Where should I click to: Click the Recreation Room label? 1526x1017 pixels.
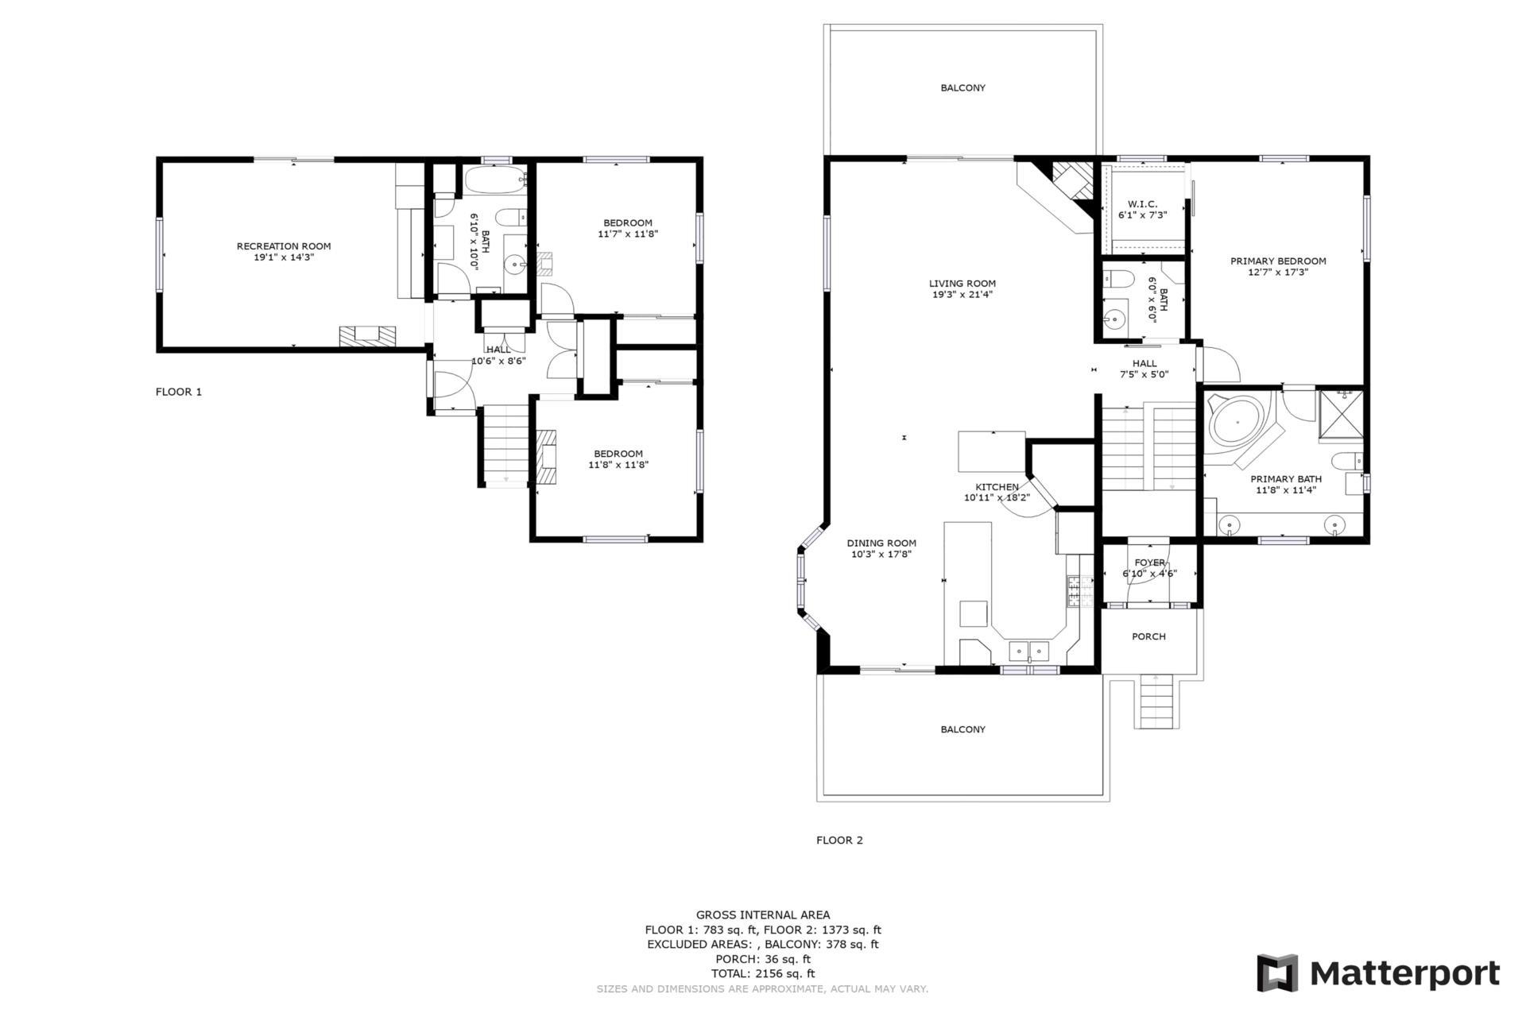pos(284,246)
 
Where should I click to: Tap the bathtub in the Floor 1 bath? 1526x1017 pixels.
pos(494,180)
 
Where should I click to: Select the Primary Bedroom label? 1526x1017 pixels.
pos(1278,261)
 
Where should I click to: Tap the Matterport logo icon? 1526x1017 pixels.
pos(1276,973)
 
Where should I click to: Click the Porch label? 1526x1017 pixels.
pos(1148,636)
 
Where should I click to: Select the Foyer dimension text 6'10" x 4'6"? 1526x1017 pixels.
pos(1149,574)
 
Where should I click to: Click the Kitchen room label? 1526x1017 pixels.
pos(997,487)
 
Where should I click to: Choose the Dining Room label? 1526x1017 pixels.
pos(881,543)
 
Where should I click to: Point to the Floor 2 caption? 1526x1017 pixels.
pos(839,840)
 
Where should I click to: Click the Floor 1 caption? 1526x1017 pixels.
pos(179,392)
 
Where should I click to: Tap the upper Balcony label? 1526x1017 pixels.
pos(962,87)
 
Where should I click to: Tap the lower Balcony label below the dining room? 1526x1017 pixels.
pos(962,729)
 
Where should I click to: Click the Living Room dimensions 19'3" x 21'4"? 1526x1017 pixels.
pos(962,295)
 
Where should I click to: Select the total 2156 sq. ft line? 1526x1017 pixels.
pos(762,973)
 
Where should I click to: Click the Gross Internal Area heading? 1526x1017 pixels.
pos(762,915)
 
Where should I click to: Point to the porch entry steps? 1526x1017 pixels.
pos(1156,701)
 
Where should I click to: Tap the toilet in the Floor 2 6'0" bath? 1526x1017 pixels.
pos(1118,280)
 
